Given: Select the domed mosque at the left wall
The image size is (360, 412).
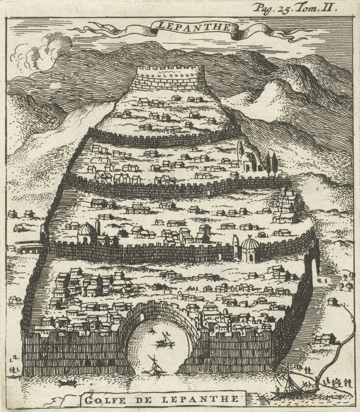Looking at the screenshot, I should (x=86, y=233).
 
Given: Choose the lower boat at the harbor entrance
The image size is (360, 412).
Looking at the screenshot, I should (x=155, y=366).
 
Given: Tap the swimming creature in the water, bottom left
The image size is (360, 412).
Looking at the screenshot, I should (x=66, y=383).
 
